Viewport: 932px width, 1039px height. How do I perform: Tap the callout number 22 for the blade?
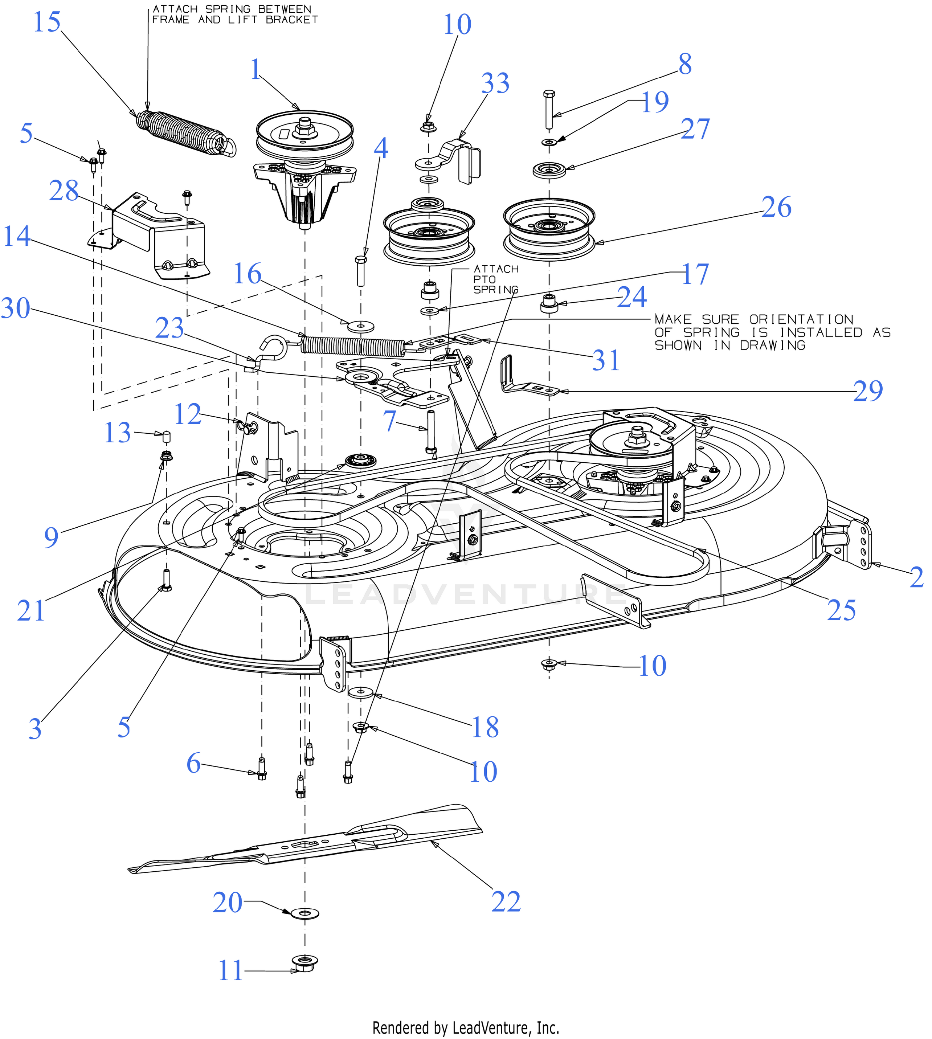tap(506, 902)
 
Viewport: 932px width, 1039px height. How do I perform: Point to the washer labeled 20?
tap(305, 913)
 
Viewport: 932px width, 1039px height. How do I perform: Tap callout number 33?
tap(495, 83)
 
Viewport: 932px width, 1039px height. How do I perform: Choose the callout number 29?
tap(868, 391)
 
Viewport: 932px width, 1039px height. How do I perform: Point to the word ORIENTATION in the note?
tap(801, 319)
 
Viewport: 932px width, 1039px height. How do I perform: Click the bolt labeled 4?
tap(360, 270)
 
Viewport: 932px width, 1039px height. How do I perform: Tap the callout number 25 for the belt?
tap(841, 610)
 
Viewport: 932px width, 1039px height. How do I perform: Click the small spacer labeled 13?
tap(166, 437)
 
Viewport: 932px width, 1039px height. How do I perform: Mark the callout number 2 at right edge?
tap(916, 577)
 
